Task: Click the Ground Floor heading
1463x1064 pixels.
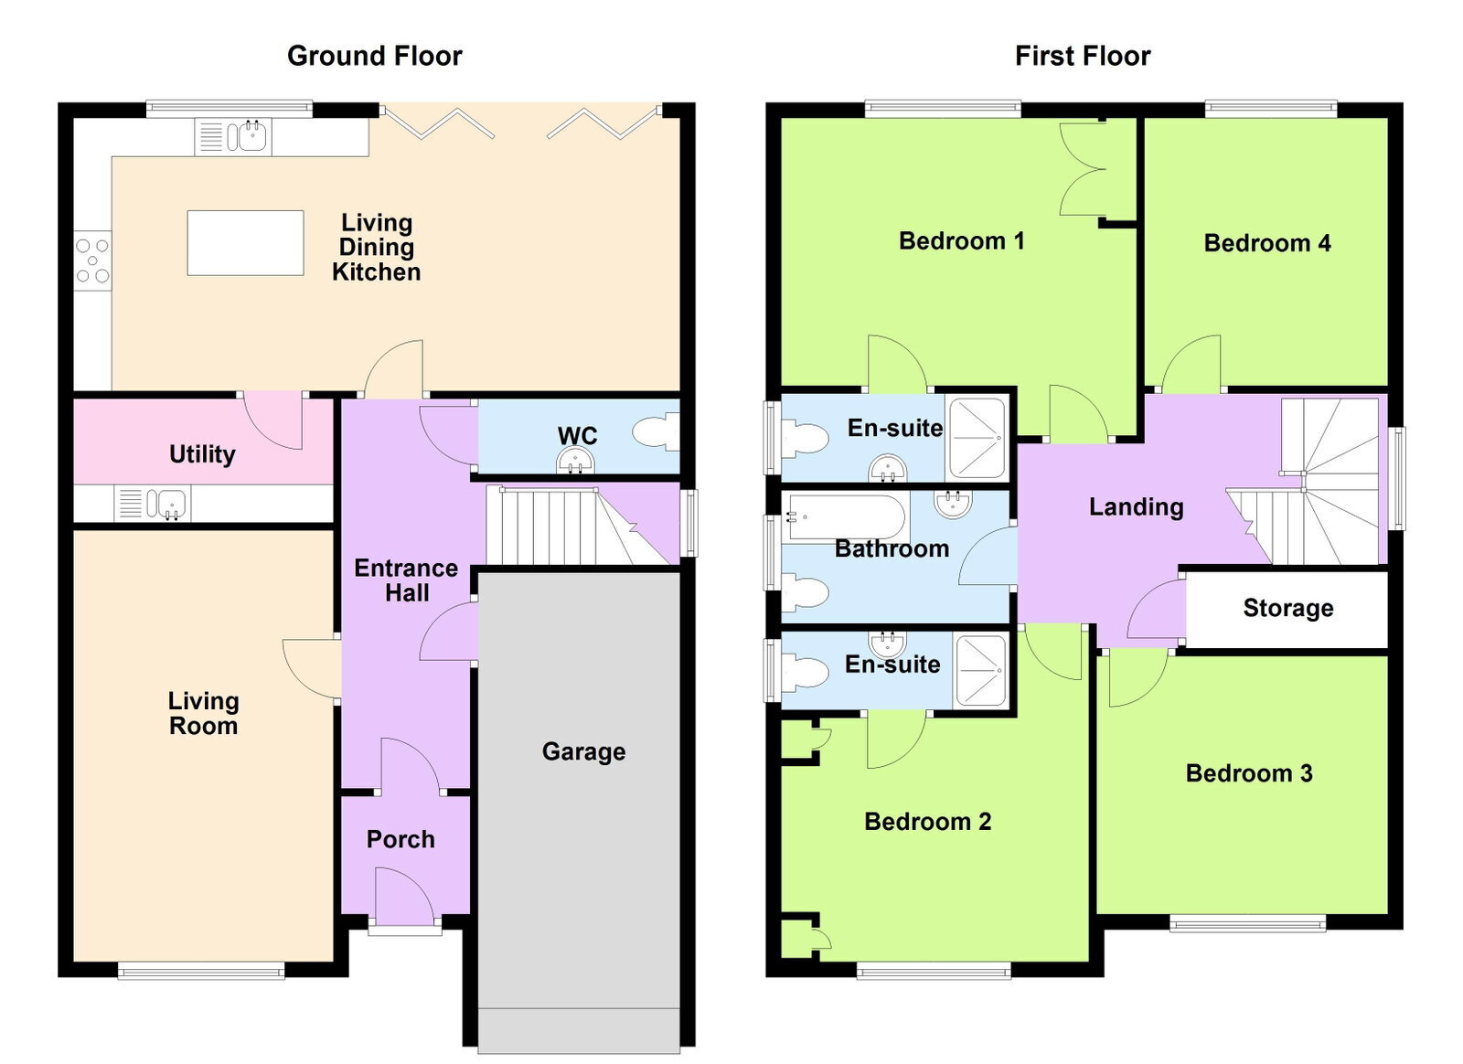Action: click(x=375, y=56)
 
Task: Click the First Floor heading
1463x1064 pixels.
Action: click(x=1083, y=56)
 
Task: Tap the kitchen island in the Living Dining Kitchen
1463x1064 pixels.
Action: click(x=246, y=243)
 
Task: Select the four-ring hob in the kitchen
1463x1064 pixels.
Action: click(x=92, y=261)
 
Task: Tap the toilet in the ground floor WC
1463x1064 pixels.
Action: click(x=657, y=431)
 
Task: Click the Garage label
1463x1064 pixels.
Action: click(x=584, y=751)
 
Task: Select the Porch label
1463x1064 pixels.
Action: click(x=400, y=839)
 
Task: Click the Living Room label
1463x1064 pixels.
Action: click(x=204, y=714)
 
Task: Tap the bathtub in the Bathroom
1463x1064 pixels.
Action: click(x=847, y=517)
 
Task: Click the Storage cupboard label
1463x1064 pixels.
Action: click(x=1288, y=609)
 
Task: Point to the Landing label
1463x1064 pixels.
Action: click(x=1137, y=507)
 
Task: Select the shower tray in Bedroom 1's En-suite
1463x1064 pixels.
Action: click(x=977, y=438)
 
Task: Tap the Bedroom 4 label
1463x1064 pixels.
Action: click(x=1267, y=243)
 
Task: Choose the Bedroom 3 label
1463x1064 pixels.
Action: click(x=1249, y=773)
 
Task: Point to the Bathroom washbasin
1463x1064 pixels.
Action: click(x=953, y=503)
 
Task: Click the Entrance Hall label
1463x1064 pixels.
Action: click(x=406, y=581)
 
